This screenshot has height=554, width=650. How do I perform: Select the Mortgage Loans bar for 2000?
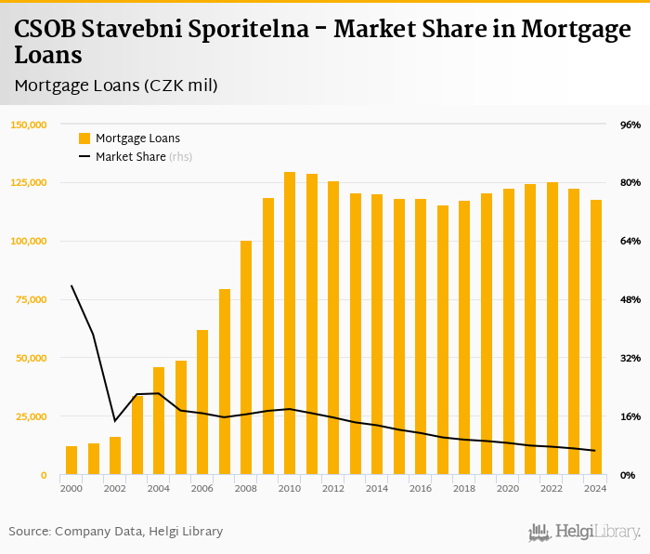point(71,460)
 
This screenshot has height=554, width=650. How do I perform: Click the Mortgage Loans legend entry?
point(129,138)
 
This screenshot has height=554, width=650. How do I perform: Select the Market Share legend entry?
point(135,157)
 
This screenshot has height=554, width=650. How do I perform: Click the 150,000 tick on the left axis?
point(29,125)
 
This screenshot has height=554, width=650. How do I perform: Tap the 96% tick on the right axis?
point(630,125)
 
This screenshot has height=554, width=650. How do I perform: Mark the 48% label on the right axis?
point(630,299)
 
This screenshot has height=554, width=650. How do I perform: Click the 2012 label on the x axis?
point(333,488)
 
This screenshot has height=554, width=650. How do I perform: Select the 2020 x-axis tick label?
point(508,488)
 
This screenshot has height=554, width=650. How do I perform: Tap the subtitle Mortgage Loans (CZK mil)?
point(116,86)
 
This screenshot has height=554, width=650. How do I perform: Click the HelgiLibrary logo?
point(584,532)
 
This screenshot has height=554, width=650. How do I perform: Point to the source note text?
point(116,532)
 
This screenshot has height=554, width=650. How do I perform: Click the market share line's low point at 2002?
point(115,421)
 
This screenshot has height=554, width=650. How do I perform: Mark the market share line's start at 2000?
point(71,285)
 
